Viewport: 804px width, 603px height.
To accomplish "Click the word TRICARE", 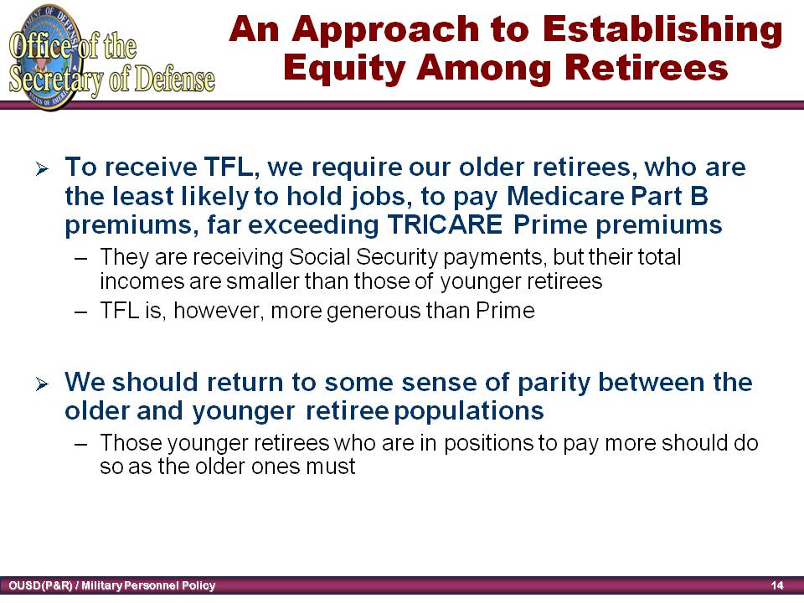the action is (445, 224).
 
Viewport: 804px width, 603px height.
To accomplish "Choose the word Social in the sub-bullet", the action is (319, 257).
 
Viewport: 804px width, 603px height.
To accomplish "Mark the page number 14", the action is (777, 585).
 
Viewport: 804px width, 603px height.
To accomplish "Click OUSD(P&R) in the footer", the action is (40, 585).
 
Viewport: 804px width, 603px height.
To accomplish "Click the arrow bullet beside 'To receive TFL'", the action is (42, 168).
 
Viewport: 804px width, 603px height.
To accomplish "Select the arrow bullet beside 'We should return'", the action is (42, 384).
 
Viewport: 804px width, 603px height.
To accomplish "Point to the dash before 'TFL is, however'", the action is (80, 312).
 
